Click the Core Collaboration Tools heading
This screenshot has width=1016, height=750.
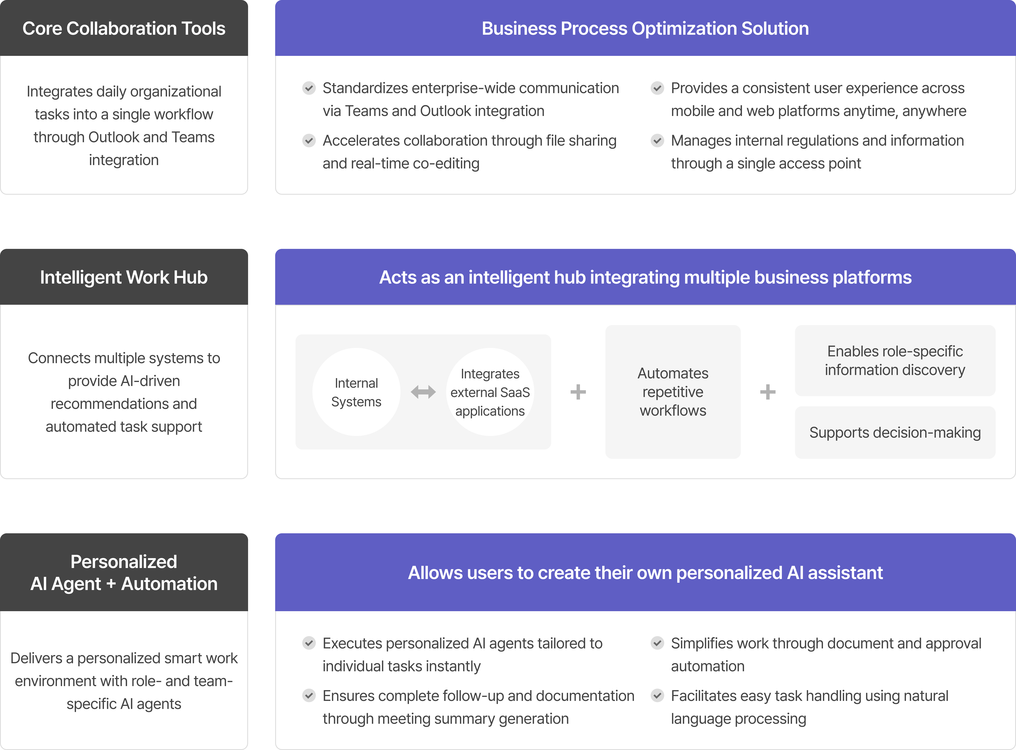[124, 28]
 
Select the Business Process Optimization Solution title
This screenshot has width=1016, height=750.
[645, 28]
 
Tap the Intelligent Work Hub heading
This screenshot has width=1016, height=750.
[124, 277]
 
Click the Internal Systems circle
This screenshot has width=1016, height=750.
[356, 392]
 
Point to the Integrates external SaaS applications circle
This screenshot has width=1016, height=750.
[490, 392]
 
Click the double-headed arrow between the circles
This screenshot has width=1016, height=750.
[423, 392]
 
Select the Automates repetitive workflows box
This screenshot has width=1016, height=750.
[673, 392]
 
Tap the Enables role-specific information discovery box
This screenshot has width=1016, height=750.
[895, 360]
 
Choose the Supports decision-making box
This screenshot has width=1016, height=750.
[895, 432]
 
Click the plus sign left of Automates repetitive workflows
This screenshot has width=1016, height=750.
[578, 392]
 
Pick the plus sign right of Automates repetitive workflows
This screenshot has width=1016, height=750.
[768, 392]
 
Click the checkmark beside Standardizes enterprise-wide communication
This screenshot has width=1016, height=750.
[309, 88]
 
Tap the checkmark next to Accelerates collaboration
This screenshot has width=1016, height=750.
[309, 141]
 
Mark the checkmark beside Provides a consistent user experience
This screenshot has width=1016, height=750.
[657, 88]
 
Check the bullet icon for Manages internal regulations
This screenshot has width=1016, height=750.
[657, 141]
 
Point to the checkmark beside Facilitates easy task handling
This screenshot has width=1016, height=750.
[657, 696]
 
